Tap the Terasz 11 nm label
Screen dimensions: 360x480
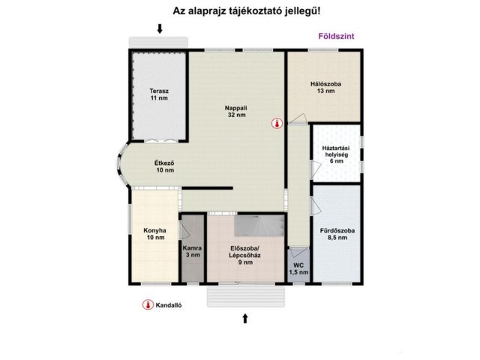click(x=158, y=94)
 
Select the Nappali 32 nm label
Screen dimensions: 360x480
click(x=236, y=111)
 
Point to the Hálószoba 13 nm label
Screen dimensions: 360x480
click(x=325, y=88)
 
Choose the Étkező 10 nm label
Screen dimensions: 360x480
click(x=164, y=166)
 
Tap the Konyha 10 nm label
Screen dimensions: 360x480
click(x=154, y=234)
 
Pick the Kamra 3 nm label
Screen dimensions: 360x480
click(x=192, y=251)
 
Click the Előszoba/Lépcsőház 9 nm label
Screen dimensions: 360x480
click(x=244, y=256)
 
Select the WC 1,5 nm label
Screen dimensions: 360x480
click(x=298, y=268)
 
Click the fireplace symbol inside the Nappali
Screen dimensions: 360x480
click(x=277, y=124)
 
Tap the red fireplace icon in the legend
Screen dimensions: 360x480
click(x=147, y=305)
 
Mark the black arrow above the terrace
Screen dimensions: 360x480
click(x=159, y=28)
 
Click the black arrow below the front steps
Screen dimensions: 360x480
click(x=245, y=318)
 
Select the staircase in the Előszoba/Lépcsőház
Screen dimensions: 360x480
click(x=259, y=223)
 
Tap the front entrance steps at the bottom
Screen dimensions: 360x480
click(x=247, y=296)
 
